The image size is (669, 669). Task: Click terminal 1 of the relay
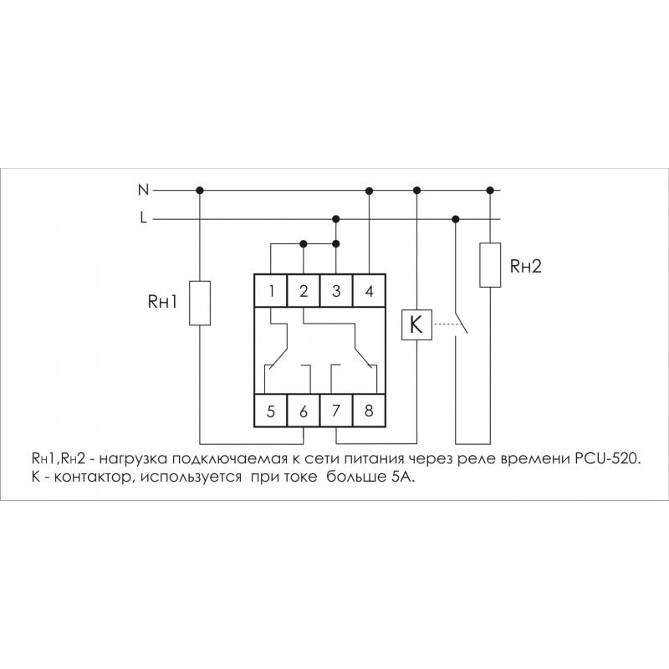click(272, 292)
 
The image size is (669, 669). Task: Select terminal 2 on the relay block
click(304, 292)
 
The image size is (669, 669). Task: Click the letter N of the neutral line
click(143, 190)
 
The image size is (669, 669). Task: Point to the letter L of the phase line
click(144, 219)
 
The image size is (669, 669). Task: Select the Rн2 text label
click(526, 267)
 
